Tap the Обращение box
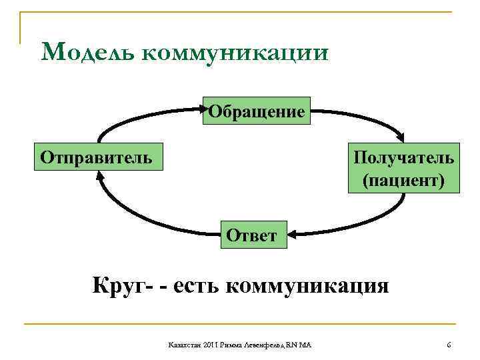pos(257,111)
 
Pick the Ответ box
pos(251,235)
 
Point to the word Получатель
pos(404,158)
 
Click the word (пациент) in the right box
pos(404,180)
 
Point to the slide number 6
pos(449,344)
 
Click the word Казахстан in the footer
pos(183,345)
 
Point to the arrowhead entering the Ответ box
pos(293,234)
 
